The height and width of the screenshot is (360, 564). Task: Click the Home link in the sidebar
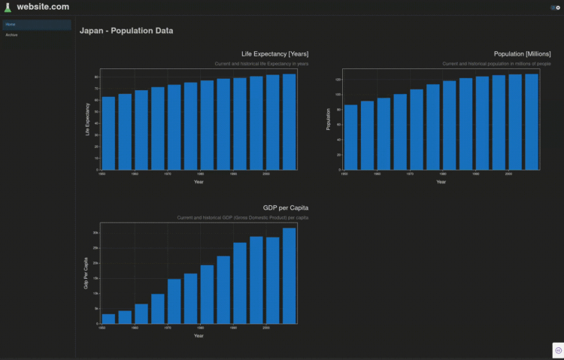[x=11, y=25]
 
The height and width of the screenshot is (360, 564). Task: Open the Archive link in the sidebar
[x=12, y=35]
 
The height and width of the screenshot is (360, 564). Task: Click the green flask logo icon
[x=8, y=7]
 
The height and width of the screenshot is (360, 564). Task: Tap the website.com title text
[x=43, y=7]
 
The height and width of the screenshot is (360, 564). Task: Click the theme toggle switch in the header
[x=555, y=8]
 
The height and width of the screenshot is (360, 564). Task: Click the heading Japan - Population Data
[x=126, y=32]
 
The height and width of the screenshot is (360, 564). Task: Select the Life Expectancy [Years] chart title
[x=274, y=54]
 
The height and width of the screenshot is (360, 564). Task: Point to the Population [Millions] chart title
[x=522, y=54]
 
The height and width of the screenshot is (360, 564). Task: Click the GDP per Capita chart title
[x=286, y=207]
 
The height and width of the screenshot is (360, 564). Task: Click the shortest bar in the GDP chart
[x=108, y=319]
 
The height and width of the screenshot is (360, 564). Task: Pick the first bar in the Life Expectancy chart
[x=108, y=133]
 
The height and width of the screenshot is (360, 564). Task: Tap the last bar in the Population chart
[x=531, y=122]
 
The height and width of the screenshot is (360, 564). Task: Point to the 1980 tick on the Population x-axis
[x=443, y=174]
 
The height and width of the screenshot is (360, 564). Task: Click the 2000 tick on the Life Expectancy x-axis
[x=265, y=174]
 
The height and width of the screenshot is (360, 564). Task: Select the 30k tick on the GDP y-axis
[x=96, y=233]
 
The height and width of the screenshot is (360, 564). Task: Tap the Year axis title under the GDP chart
[x=199, y=335]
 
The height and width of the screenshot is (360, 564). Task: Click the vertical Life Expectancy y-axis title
[x=87, y=119]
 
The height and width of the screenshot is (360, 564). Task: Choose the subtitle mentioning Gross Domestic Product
[x=242, y=217]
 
